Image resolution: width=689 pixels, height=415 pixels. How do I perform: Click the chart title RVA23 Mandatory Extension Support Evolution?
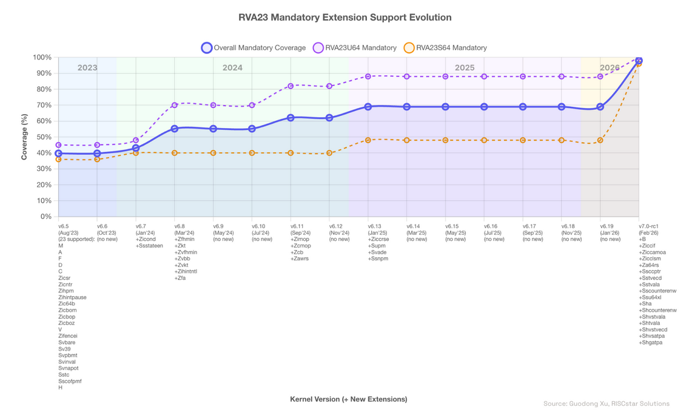pyautogui.click(x=344, y=18)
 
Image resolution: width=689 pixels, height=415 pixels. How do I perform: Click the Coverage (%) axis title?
pyautogui.click(x=25, y=137)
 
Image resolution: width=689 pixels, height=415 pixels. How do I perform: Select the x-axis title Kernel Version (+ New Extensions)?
pyautogui.click(x=348, y=399)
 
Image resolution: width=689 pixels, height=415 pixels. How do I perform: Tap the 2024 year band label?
pyautogui.click(x=232, y=68)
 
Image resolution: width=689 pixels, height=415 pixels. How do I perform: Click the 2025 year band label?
pyautogui.click(x=465, y=68)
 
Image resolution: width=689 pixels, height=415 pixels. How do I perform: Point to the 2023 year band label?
pyautogui.click(x=87, y=68)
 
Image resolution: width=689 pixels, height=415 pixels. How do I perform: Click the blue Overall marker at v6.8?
pyautogui.click(x=175, y=129)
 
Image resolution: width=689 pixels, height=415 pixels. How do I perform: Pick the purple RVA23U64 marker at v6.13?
pyautogui.click(x=368, y=76)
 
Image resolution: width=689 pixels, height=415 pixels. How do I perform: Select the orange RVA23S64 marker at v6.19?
pyautogui.click(x=600, y=140)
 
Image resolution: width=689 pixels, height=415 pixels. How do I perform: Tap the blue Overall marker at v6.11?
pyautogui.click(x=291, y=118)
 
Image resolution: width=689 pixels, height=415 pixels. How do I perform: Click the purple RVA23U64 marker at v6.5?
pyautogui.click(x=59, y=145)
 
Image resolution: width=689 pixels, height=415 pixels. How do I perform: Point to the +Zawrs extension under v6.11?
pyautogui.click(x=300, y=259)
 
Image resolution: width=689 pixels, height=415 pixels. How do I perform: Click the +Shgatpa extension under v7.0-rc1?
pyautogui.click(x=651, y=343)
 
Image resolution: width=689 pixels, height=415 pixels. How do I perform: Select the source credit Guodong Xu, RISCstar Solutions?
pyautogui.click(x=606, y=403)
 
